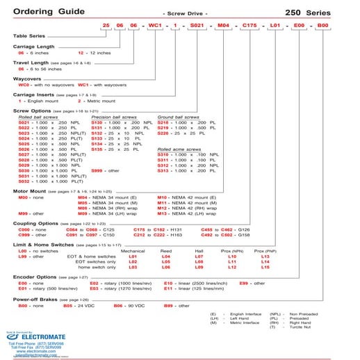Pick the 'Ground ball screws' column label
pos(179,117)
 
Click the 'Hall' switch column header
pos(199,250)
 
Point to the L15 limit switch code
pos(265,267)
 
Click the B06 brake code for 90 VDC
pos(119,305)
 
